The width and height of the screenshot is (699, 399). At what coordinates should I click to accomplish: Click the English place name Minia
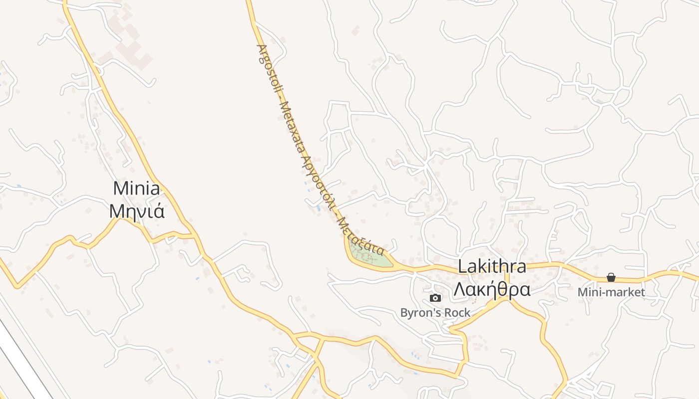pos(137,189)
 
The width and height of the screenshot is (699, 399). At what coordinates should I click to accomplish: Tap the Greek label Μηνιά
pos(137,211)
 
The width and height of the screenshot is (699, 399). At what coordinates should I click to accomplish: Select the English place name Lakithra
pos(492,267)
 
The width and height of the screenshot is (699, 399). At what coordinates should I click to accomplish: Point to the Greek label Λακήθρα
pos(492,289)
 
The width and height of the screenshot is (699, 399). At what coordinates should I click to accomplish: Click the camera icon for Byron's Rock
pos(435,298)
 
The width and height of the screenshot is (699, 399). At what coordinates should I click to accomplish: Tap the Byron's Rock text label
pos(435,313)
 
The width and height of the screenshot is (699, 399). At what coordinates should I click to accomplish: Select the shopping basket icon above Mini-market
pos(611,277)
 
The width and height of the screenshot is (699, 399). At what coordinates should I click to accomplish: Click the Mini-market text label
pos(611,292)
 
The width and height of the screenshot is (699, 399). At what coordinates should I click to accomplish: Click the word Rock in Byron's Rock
pos(459,313)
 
